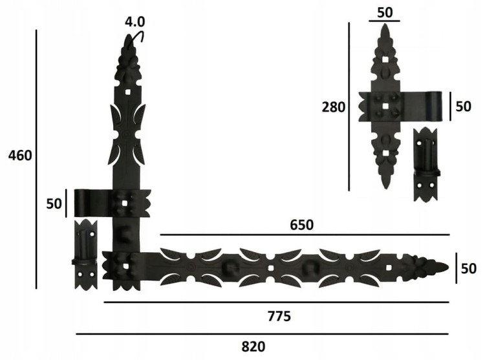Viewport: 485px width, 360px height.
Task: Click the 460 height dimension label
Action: (20, 155)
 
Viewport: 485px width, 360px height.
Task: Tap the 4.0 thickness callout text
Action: (135, 21)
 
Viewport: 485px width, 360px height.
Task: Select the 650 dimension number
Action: (301, 225)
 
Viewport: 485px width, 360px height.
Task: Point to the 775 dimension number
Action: (279, 317)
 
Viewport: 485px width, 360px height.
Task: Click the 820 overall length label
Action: (253, 346)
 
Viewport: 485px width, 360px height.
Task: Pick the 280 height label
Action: (334, 107)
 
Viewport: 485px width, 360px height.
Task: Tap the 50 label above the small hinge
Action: (385, 12)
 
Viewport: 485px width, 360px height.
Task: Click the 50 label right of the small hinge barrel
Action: (464, 106)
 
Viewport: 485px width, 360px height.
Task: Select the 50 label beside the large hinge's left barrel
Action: (54, 204)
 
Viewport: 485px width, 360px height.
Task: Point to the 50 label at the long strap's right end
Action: (469, 268)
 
